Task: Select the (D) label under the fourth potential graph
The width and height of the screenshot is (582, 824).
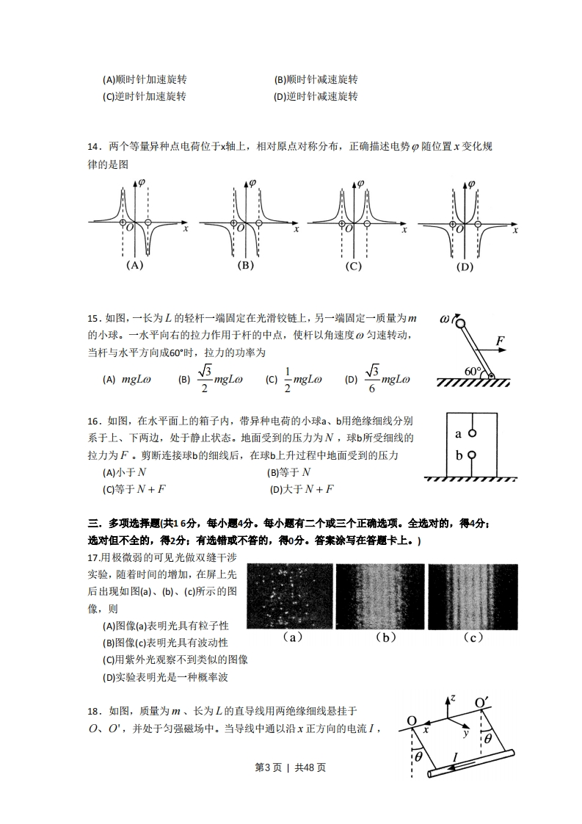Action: pyautogui.click(x=465, y=267)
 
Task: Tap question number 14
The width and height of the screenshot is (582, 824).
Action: pyautogui.click(x=93, y=147)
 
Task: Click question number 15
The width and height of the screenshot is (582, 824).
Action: pyautogui.click(x=93, y=317)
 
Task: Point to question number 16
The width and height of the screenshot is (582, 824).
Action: pyautogui.click(x=93, y=421)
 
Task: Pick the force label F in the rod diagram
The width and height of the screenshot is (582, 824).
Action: pyautogui.click(x=500, y=341)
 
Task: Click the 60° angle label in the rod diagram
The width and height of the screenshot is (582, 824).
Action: pyautogui.click(x=473, y=372)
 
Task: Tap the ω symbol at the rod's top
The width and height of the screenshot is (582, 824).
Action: pyautogui.click(x=445, y=319)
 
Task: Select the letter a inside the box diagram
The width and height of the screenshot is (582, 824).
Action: pyautogui.click(x=459, y=433)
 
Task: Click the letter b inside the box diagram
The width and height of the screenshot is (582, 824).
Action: pyautogui.click(x=459, y=455)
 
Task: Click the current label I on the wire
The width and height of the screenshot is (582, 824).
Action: pyautogui.click(x=456, y=756)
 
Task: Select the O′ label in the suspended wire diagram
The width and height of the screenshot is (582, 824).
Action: pyautogui.click(x=481, y=704)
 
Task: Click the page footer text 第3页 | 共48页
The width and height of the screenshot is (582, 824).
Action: pyautogui.click(x=290, y=767)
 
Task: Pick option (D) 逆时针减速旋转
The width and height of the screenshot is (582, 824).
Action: pyautogui.click(x=316, y=96)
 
